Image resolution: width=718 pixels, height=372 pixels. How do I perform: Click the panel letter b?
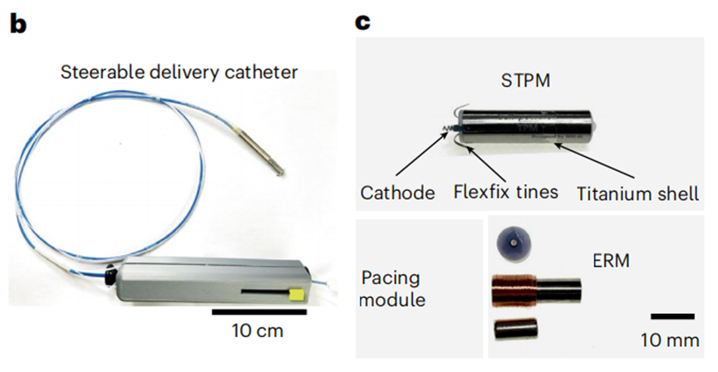pos(17,22)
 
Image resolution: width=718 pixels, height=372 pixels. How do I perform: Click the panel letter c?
pos(363,22)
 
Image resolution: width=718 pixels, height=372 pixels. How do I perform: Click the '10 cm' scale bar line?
pos(259,312)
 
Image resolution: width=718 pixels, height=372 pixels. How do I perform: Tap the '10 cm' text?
pos(258,333)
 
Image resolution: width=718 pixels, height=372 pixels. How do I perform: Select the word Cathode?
pos(397,193)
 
